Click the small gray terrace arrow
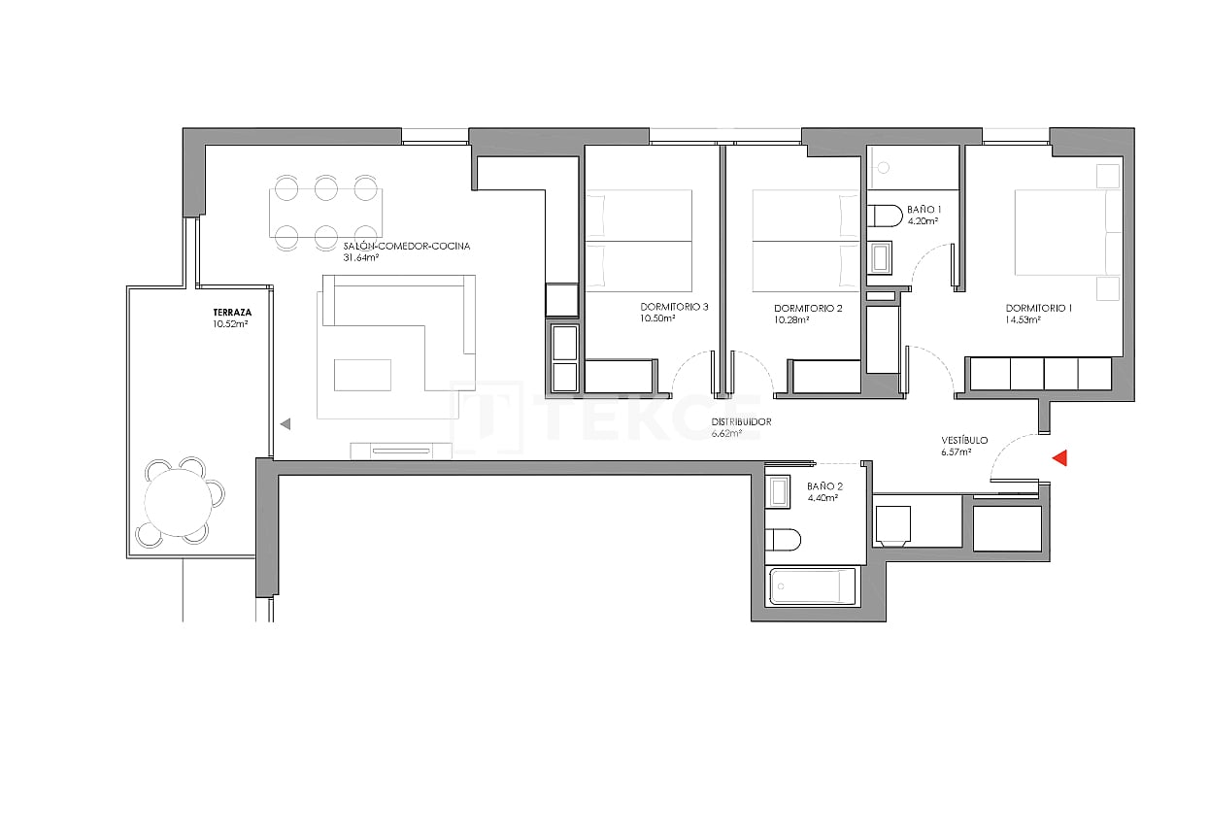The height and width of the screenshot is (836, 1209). click(285, 424)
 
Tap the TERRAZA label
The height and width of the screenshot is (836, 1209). click(232, 312)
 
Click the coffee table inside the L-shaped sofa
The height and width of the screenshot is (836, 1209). click(362, 375)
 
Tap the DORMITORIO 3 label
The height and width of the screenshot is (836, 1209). click(674, 307)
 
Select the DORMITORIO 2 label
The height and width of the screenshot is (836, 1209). click(808, 307)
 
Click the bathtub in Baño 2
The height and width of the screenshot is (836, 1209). click(813, 586)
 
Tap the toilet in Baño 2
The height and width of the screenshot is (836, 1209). click(783, 539)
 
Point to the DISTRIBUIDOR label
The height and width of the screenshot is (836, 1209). click(741, 422)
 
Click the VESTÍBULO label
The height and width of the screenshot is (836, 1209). click(964, 441)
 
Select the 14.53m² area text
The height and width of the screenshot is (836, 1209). click(1024, 319)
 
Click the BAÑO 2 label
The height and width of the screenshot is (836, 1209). click(824, 486)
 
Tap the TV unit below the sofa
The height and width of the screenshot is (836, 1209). click(401, 450)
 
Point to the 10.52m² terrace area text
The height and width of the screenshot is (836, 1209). click(231, 324)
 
